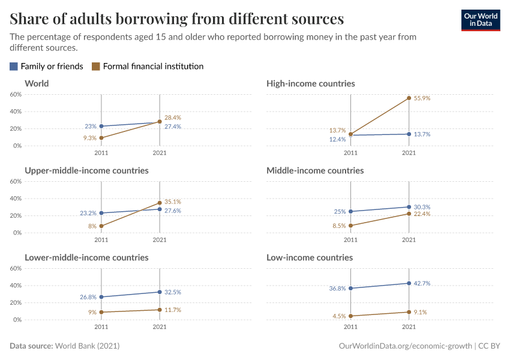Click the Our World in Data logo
[x=481, y=20]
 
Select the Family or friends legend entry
[x=46, y=67]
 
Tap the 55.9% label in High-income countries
[x=422, y=98]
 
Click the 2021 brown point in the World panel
[x=160, y=122]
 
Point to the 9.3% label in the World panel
[x=89, y=138]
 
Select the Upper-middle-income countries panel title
[x=86, y=170]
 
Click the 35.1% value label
[x=173, y=202]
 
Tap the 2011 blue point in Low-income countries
[x=350, y=289]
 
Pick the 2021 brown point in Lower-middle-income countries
[x=160, y=310]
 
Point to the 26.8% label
[x=88, y=297]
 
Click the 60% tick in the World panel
[x=16, y=95]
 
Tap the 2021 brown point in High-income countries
[x=409, y=98]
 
